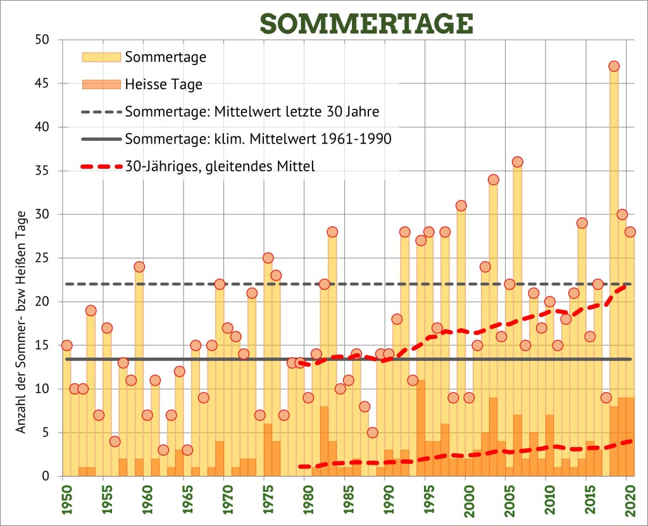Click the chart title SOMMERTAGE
click(x=366, y=23)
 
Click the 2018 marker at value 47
click(x=614, y=66)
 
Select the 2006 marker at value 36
click(x=517, y=162)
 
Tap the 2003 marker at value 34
click(x=493, y=180)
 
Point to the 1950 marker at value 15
click(x=66, y=345)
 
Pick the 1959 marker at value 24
click(x=139, y=267)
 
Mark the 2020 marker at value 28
click(x=630, y=232)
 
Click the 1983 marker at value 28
click(x=332, y=232)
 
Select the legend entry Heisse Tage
click(x=164, y=84)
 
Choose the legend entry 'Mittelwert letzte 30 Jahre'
click(x=252, y=112)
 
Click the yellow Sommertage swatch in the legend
click(x=101, y=57)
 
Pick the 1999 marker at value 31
click(x=461, y=205)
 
